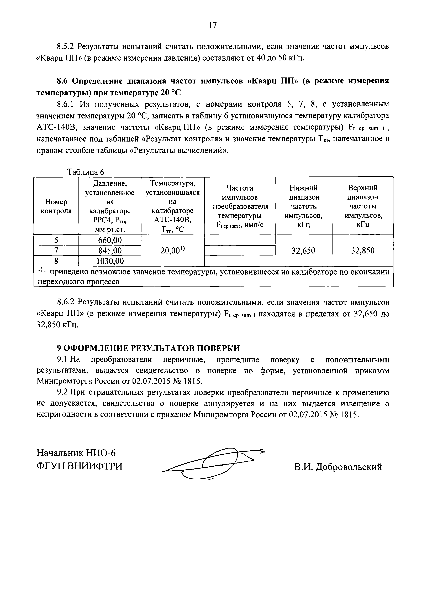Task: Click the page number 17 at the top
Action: tap(213, 25)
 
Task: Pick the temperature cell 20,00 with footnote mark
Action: tap(173, 251)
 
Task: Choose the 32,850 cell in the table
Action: tap(363, 251)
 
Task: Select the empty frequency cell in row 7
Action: tap(240, 251)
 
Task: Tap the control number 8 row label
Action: tap(56, 261)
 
